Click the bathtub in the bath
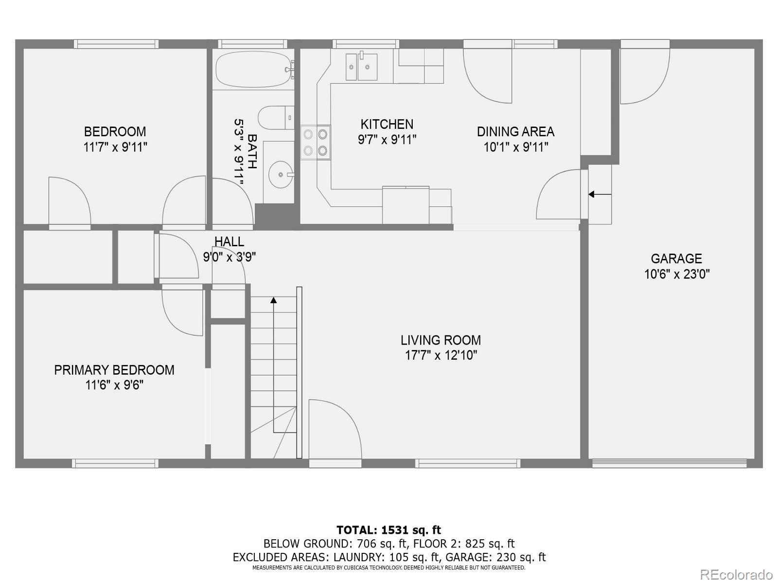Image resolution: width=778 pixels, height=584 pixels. point(253,69)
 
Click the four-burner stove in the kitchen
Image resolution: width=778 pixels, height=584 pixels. point(315,142)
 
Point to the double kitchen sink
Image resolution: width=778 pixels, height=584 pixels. point(362,67)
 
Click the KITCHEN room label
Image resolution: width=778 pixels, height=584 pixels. point(387,124)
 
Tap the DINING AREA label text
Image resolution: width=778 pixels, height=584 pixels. point(515,132)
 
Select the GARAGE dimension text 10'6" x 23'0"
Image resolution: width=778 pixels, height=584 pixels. point(676,274)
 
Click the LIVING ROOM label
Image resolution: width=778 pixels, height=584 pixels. point(441,340)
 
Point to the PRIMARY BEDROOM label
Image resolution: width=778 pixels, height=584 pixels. point(114,370)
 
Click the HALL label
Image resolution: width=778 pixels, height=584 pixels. point(229,241)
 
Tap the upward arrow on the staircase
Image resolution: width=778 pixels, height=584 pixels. point(274,300)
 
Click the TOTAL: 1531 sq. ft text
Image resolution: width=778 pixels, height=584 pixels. point(389,530)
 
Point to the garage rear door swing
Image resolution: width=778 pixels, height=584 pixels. point(644,75)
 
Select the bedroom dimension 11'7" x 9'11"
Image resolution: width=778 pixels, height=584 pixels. point(115,147)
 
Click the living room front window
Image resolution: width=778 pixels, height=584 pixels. point(467,463)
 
